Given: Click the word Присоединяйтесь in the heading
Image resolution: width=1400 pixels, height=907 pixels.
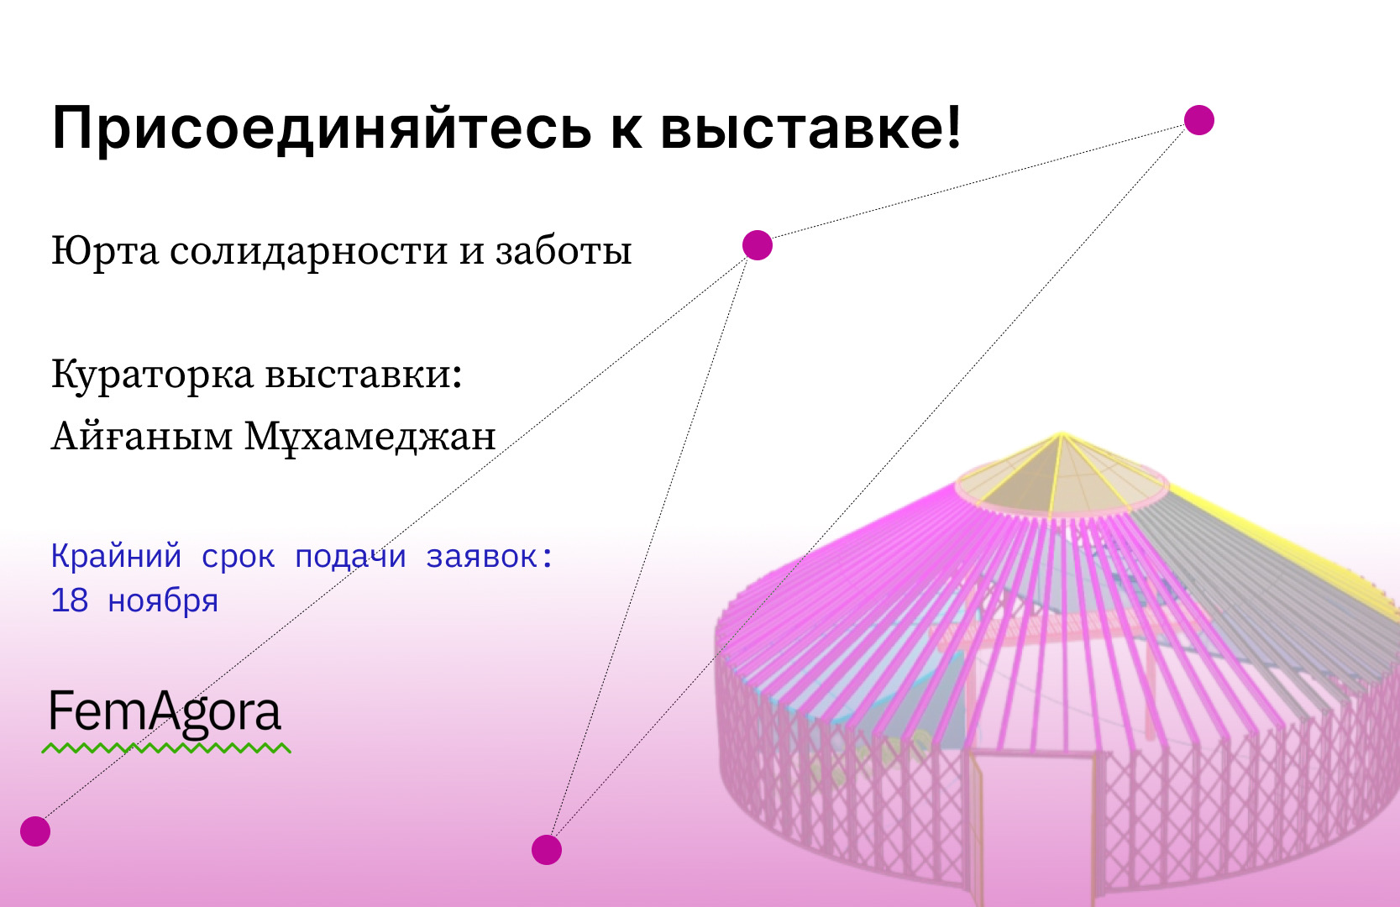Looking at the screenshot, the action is pyautogui.click(x=322, y=128).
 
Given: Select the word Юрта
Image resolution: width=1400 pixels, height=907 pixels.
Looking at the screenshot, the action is pyautogui.click(x=105, y=251).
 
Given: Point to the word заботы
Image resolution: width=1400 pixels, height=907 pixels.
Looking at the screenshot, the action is pyautogui.click(x=564, y=250).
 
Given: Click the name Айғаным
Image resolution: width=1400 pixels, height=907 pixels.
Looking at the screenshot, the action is pyautogui.click(x=142, y=436).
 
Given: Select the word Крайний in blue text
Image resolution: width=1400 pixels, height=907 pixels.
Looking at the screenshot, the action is pyautogui.click(x=116, y=556).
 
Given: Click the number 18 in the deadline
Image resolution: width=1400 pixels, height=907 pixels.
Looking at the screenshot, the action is pyautogui.click(x=70, y=600).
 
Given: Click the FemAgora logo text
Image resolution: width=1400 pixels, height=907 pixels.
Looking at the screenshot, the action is pyautogui.click(x=165, y=713).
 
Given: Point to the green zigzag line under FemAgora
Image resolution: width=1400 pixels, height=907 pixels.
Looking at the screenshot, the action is pyautogui.click(x=166, y=747).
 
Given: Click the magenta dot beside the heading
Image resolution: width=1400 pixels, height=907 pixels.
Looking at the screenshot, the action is pyautogui.click(x=1199, y=120).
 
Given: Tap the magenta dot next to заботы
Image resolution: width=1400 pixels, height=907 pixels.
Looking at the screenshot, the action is pyautogui.click(x=758, y=245).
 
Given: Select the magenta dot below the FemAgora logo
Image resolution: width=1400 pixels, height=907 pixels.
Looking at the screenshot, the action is pyautogui.click(x=35, y=831).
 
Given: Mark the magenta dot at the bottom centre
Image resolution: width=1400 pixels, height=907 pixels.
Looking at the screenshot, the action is pyautogui.click(x=547, y=850).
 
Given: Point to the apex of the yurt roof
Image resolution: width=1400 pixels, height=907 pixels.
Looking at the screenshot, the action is pyautogui.click(x=1061, y=433).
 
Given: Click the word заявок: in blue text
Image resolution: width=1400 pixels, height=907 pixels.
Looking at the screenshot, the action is pyautogui.click(x=490, y=556).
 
